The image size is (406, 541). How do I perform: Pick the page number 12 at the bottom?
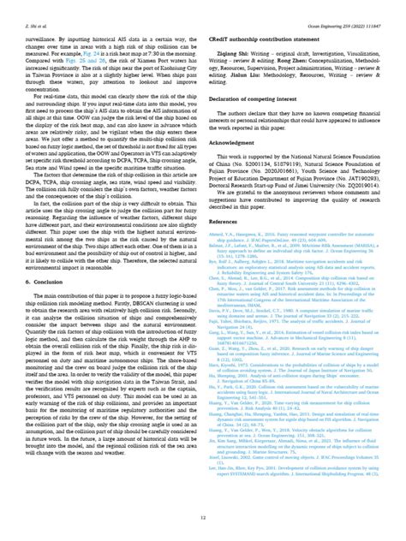203,518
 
